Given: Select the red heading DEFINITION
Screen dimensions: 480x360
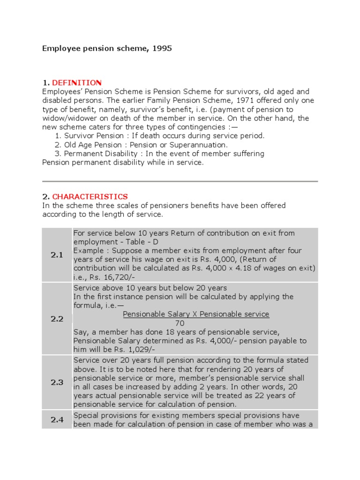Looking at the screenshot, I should (x=76, y=82).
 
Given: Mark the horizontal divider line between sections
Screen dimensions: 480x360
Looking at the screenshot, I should (x=180, y=181).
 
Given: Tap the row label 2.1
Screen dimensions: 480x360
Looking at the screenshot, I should (x=57, y=255).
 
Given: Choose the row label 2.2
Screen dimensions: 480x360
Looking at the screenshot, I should (x=57, y=319).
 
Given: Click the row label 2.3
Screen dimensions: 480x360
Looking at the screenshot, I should (x=57, y=382).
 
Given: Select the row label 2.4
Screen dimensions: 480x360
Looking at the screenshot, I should (x=57, y=420).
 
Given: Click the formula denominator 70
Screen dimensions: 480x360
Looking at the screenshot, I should (x=180, y=323).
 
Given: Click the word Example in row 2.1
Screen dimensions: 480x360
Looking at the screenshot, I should (x=87, y=251).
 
